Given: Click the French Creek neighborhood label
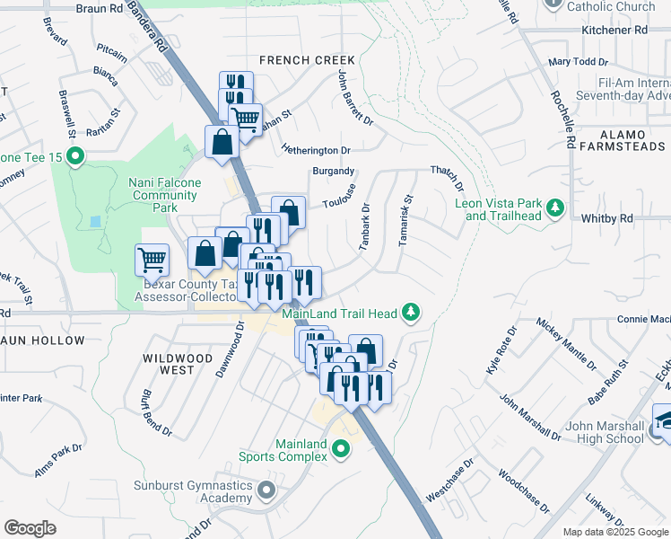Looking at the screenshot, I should tap(307, 60).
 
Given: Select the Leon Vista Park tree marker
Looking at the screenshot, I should tap(556, 208).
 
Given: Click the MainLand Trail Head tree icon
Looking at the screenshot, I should tap(412, 314).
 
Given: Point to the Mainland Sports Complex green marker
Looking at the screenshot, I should tap(340, 449).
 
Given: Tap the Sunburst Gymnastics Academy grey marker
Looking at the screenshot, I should tap(266, 490).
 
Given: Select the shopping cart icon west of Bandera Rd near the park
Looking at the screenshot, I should tap(152, 261).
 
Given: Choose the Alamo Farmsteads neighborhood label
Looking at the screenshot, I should tap(622, 138).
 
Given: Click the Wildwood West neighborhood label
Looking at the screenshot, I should tap(179, 364).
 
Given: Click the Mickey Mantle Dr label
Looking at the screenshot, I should tap(566, 342).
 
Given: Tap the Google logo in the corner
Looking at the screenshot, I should tap(30, 528).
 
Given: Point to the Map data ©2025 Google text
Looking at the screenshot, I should tap(616, 532).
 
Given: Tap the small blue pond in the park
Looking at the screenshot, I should tap(96, 221).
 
